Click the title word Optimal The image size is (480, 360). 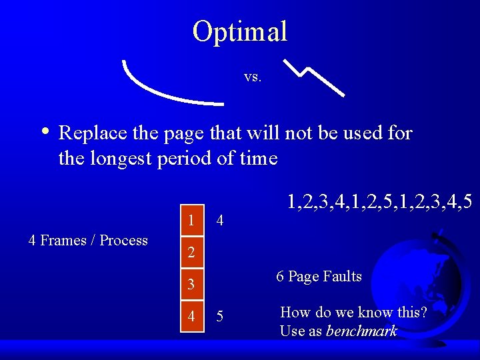(x=240, y=31)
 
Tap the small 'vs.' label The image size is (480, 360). (x=253, y=77)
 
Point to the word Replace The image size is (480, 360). (x=93, y=133)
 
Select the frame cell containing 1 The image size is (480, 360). (x=191, y=221)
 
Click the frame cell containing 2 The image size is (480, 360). (x=191, y=253)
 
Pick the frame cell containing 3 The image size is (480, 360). (x=191, y=285)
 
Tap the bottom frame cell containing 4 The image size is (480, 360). (x=191, y=317)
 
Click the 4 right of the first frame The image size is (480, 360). (x=221, y=221)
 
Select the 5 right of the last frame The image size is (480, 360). (x=221, y=317)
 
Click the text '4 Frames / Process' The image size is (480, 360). (x=88, y=241)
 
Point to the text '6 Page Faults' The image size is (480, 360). (x=319, y=277)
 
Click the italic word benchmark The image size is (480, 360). (x=361, y=331)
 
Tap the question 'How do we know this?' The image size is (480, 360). (x=353, y=313)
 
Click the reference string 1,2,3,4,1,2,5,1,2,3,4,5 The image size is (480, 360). (x=380, y=201)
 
